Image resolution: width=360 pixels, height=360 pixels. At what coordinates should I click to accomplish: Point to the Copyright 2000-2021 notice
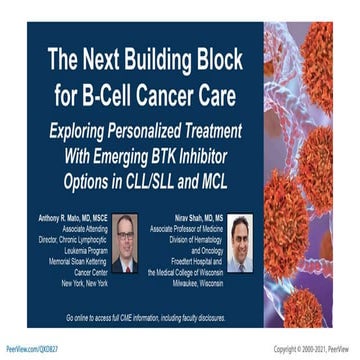pyautogui.click(x=313, y=351)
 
